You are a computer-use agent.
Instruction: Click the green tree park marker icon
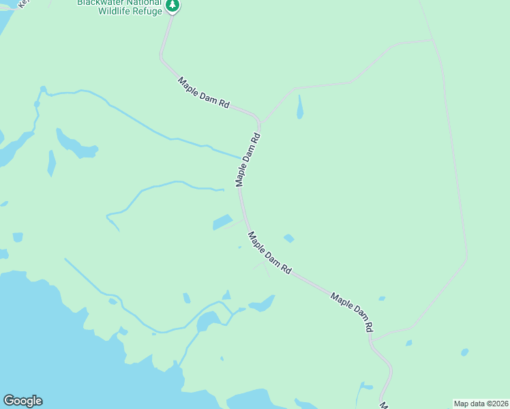pos(173,6)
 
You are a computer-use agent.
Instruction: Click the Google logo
pos(22,401)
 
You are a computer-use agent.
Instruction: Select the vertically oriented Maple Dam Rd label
pos(248,160)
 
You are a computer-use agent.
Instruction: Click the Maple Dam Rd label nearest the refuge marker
pos(204,93)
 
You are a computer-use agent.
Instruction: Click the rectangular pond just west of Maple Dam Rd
pos(222,222)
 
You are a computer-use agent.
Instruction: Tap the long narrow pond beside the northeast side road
pos(300,106)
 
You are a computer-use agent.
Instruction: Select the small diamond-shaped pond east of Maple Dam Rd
pos(289,238)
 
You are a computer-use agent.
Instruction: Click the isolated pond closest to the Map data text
pos(464,352)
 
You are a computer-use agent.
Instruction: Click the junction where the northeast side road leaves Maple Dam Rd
pos(260,123)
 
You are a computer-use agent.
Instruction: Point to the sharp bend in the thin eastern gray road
pos(467,258)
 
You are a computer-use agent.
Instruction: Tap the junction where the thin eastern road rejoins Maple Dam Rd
pos(372,339)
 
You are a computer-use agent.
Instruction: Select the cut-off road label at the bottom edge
pos(384,406)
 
